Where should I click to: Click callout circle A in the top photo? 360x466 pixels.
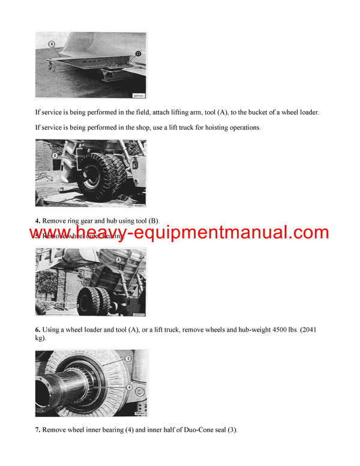(x=52, y=44)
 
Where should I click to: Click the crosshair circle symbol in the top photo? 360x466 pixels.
(x=139, y=53)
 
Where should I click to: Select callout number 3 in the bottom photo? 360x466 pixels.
(x=128, y=359)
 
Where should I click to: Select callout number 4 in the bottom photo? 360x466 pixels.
(x=129, y=388)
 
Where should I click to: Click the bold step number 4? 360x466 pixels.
(x=37, y=221)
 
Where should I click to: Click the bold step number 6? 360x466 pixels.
(x=37, y=329)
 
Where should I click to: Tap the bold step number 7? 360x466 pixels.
(x=37, y=430)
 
